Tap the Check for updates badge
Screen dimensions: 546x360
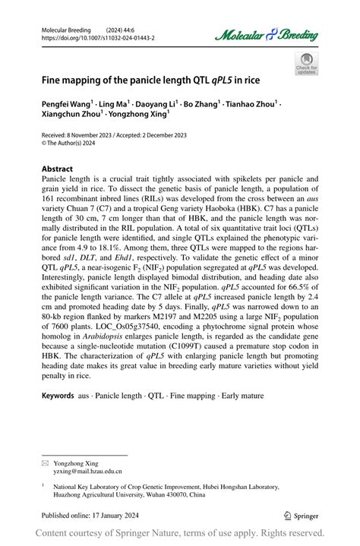click(306, 63)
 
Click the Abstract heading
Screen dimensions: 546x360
click(57, 169)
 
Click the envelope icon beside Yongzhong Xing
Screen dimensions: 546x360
click(46, 462)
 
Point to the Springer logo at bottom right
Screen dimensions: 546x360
click(302, 515)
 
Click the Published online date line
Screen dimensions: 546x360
click(88, 515)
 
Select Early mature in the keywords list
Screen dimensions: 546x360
click(243, 418)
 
